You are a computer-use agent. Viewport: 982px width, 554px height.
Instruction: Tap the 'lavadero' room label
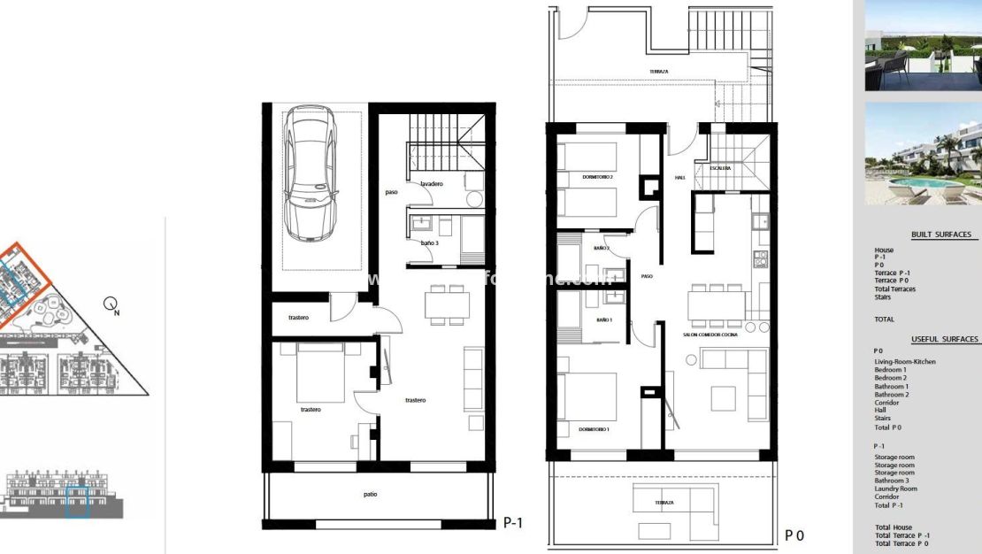pos(432,183)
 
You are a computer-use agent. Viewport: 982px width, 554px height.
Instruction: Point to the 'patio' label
pos(370,494)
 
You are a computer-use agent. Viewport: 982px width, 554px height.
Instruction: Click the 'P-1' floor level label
pos(513,523)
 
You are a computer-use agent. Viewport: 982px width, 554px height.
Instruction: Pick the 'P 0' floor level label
pos(794,535)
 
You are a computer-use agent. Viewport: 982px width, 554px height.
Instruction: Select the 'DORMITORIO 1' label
pos(594,428)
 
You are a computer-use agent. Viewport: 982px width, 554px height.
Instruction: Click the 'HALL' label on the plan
pos(680,177)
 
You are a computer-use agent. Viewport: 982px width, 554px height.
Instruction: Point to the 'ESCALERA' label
pos(718,167)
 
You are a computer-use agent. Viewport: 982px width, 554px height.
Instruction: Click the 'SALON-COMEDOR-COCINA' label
pos(710,335)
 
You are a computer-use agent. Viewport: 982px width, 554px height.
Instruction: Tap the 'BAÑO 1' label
pos(605,319)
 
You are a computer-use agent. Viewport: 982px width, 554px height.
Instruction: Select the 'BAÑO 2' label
pos(602,249)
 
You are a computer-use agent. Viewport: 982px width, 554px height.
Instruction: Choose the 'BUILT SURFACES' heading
pos(941,235)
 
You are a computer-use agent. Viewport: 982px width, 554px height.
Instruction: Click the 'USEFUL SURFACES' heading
pos(944,339)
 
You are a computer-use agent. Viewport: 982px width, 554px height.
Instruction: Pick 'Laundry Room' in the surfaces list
pos(895,489)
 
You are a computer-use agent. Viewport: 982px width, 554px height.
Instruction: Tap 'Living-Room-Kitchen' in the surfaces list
pos(904,362)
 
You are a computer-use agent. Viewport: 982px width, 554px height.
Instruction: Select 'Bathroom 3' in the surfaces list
pos(893,481)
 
